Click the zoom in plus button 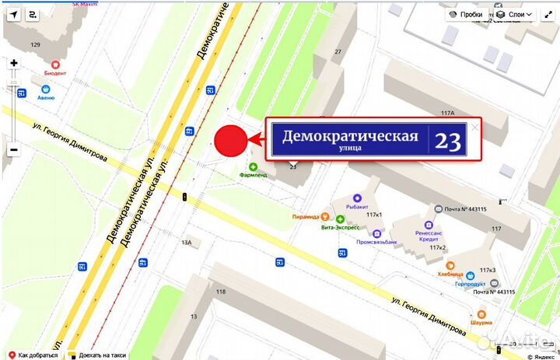[13, 63]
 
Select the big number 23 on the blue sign [447, 141]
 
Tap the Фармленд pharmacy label [253, 175]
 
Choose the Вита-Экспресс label [340, 228]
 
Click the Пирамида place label [306, 217]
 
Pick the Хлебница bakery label [450, 274]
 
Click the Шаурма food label [481, 323]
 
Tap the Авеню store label [46, 98]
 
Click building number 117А [447, 114]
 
